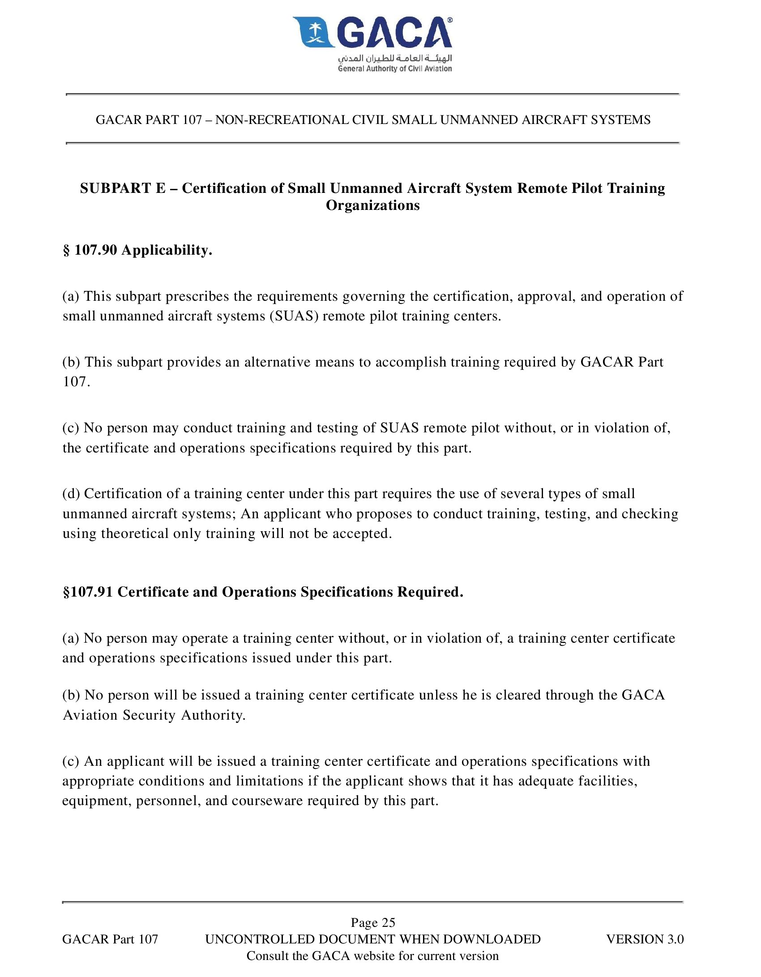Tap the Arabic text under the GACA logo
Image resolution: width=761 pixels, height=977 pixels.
click(395, 58)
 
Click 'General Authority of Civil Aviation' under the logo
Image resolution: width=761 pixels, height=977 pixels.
click(395, 69)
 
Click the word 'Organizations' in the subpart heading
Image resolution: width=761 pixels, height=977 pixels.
click(373, 205)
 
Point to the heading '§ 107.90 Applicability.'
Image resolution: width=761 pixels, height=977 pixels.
click(137, 250)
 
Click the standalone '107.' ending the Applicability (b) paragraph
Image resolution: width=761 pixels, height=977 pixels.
click(77, 382)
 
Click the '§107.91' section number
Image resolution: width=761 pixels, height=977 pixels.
click(88, 592)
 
